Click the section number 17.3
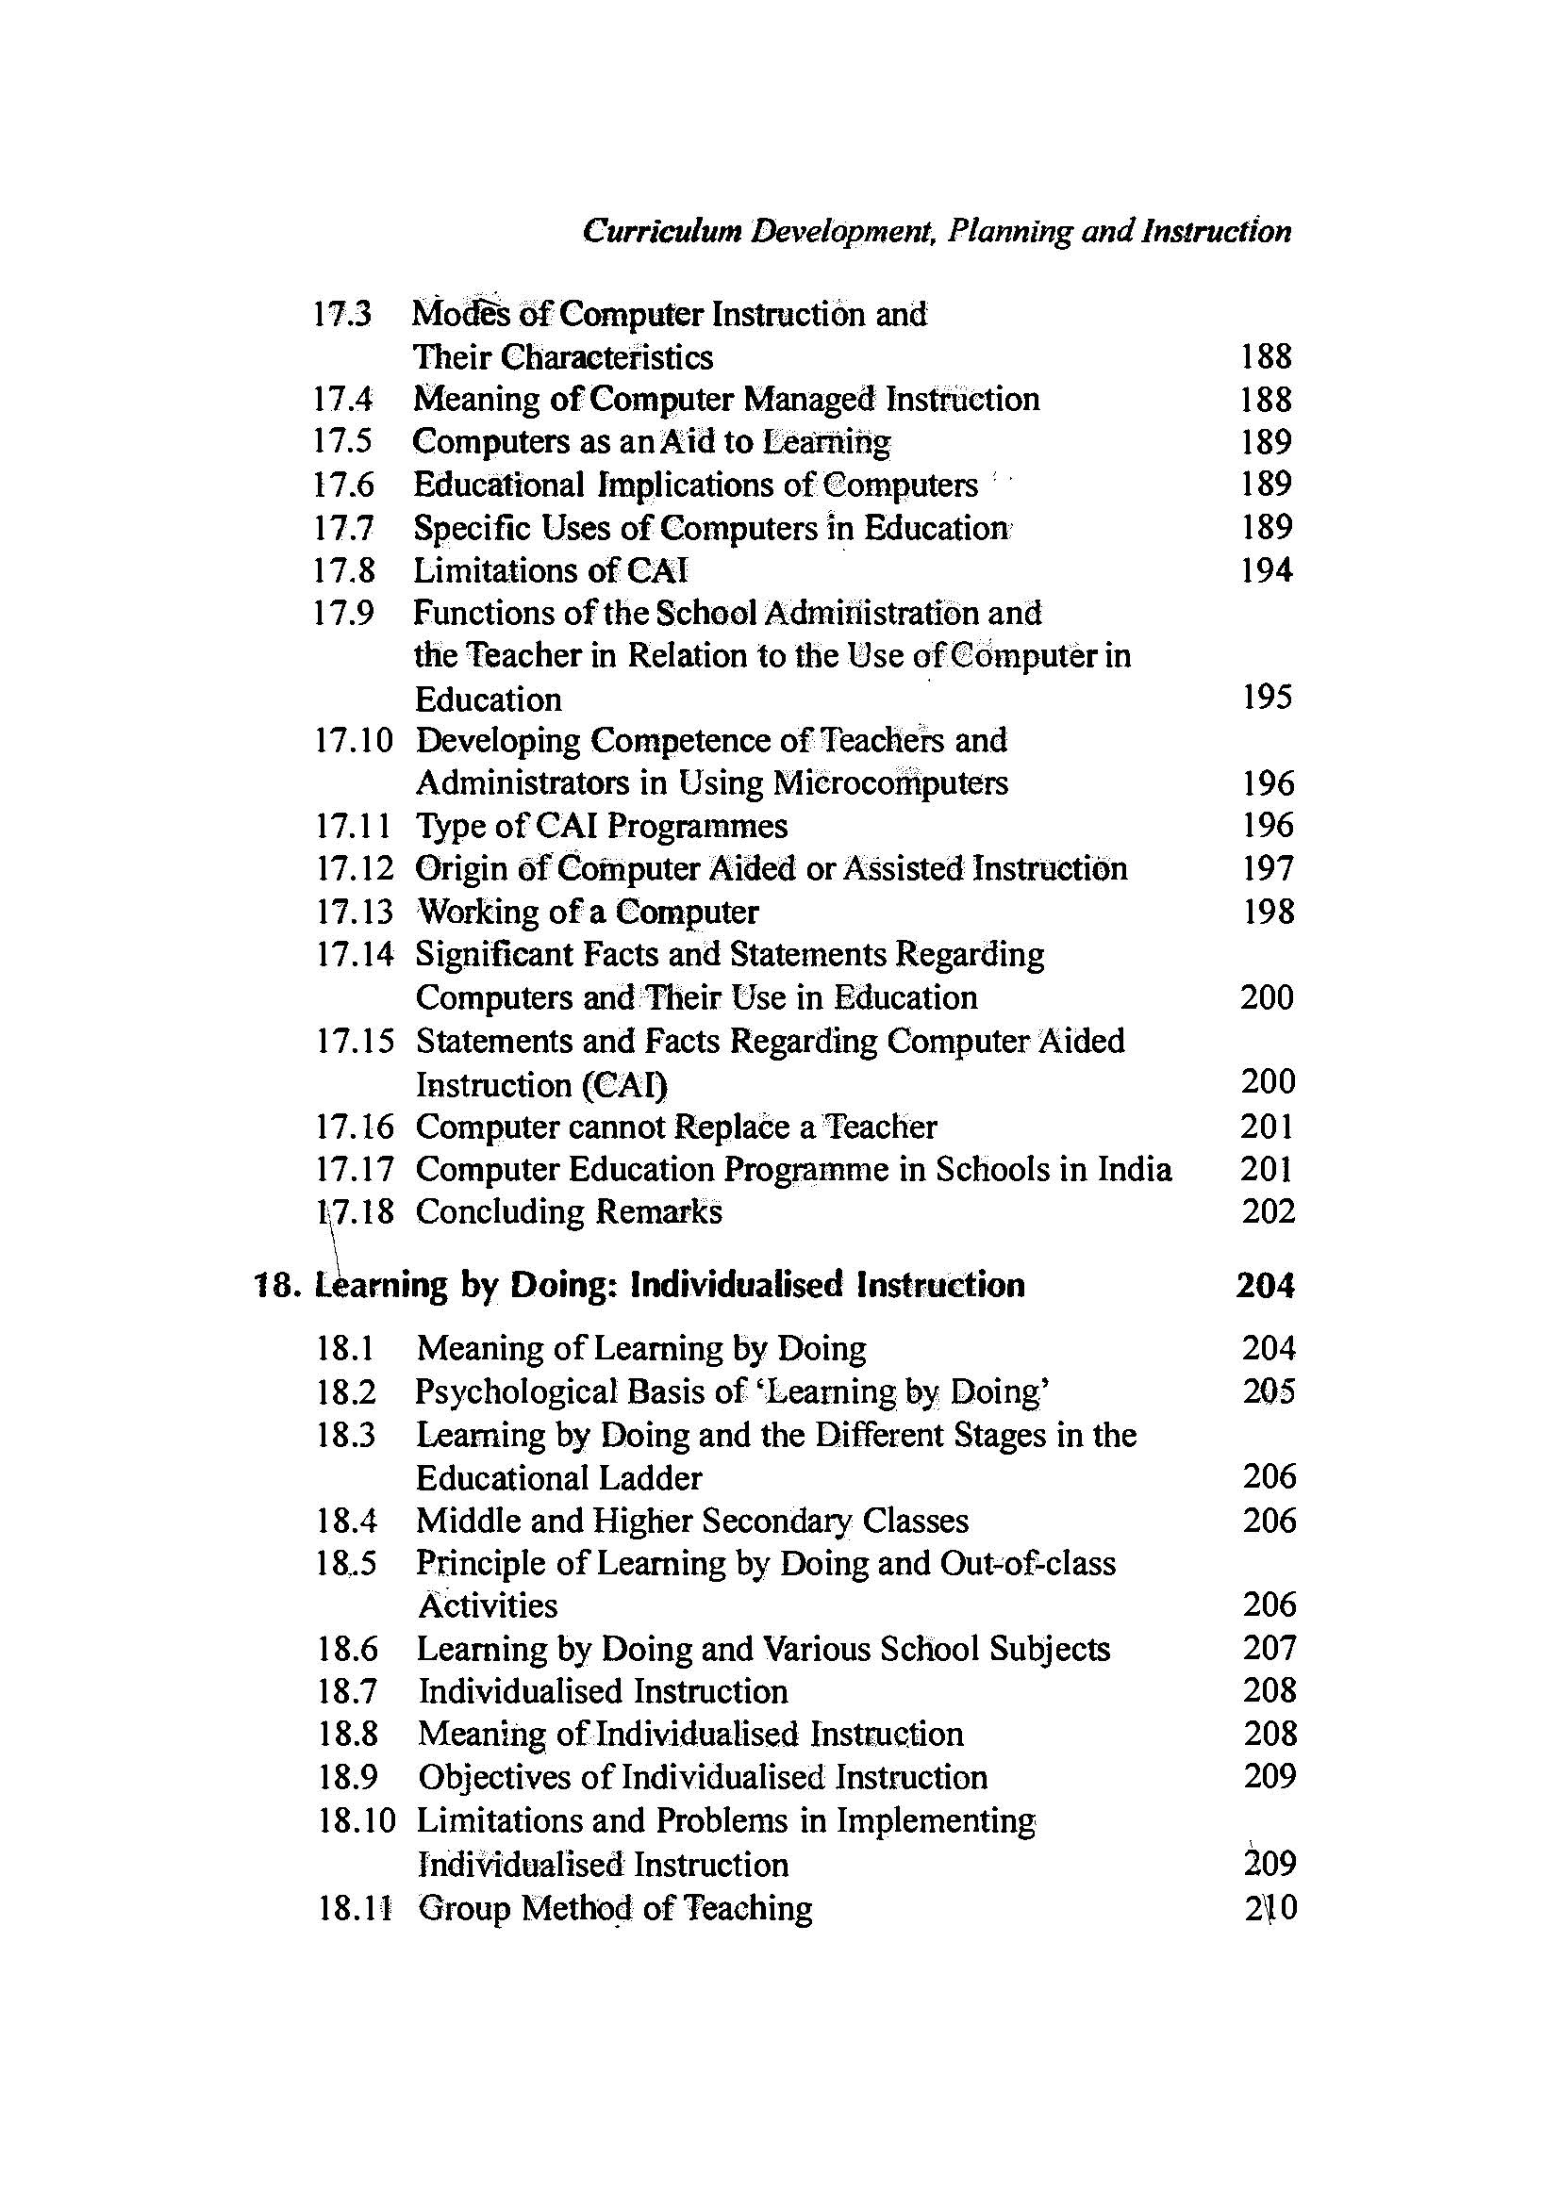(x=343, y=314)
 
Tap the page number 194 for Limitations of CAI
(x=1266, y=570)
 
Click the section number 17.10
(x=355, y=740)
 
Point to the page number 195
(x=1266, y=698)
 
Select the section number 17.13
(x=355, y=912)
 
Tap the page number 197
(x=1268, y=868)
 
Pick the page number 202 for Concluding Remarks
(x=1268, y=1211)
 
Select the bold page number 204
(x=1265, y=1285)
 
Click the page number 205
(x=1268, y=1391)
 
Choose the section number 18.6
(x=348, y=1649)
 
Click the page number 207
(x=1269, y=1648)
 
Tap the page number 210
(x=1269, y=1907)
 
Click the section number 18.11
(x=357, y=1907)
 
